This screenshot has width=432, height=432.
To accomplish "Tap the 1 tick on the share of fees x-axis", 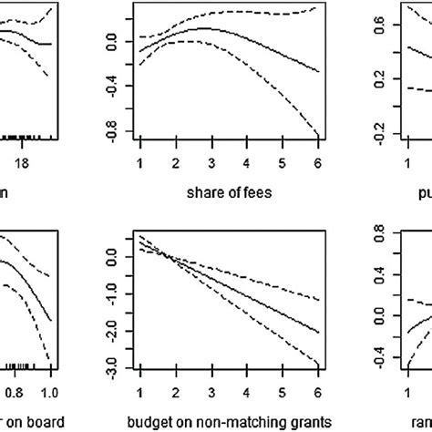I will tap(140, 161).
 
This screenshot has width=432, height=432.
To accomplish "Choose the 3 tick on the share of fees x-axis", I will tap(211, 161).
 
